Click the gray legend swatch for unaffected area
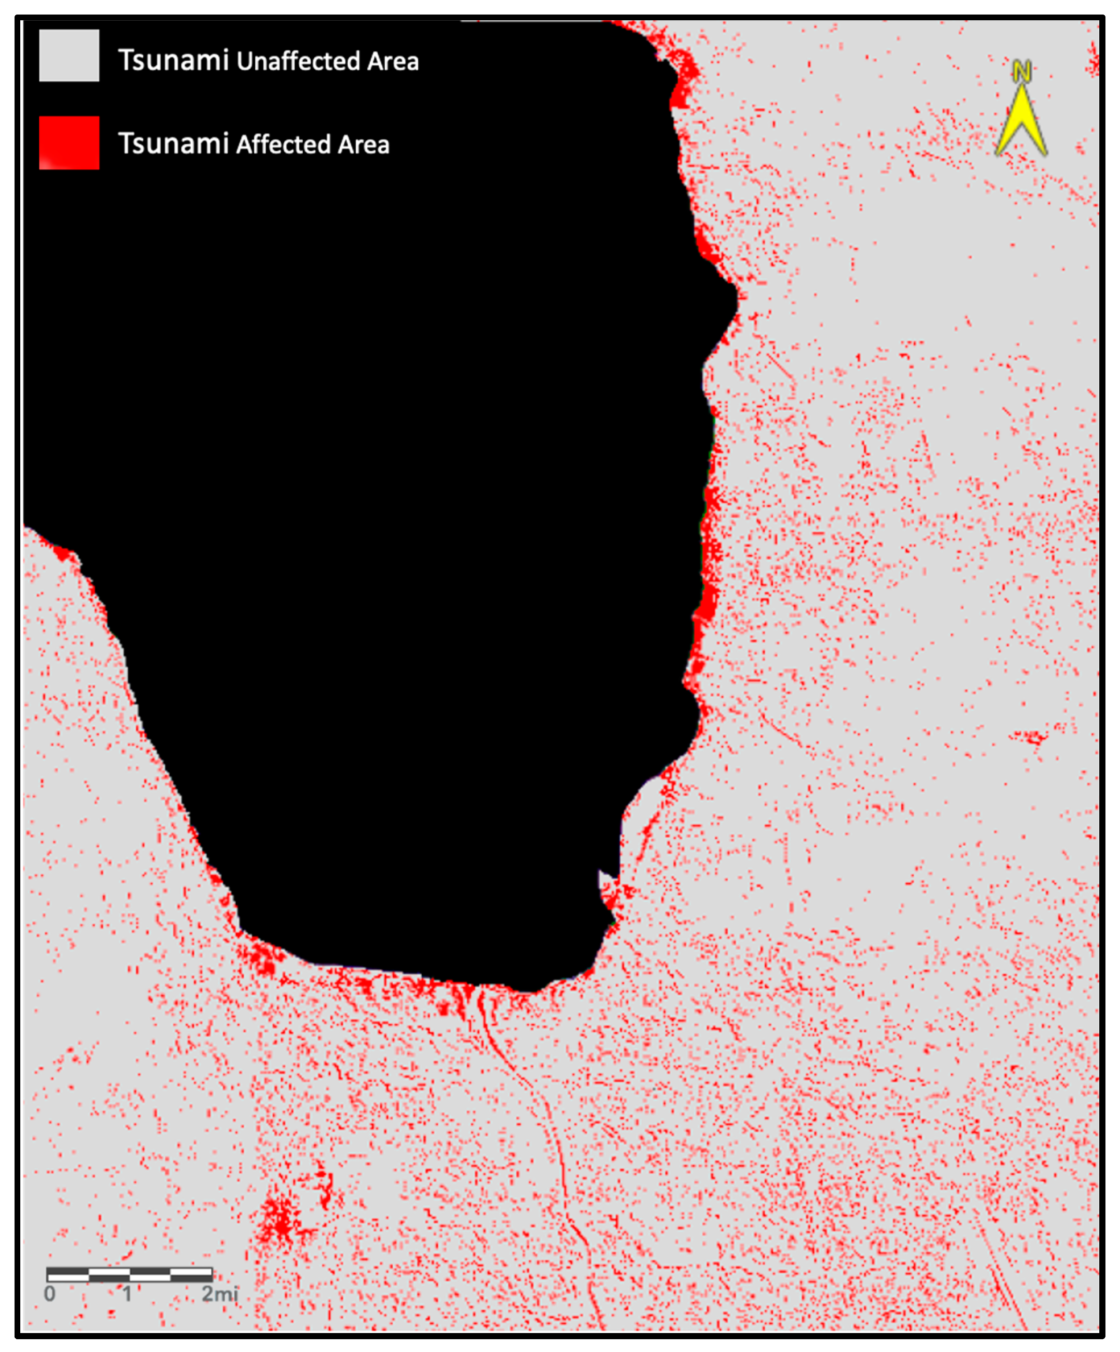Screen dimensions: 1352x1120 point(69,56)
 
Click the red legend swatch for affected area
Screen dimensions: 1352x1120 point(69,142)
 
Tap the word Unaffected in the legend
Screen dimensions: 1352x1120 point(298,61)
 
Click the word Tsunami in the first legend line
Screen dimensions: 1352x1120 point(173,60)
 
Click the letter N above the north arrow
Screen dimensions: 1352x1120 point(1021,71)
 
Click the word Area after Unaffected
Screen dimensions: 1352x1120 point(393,61)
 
